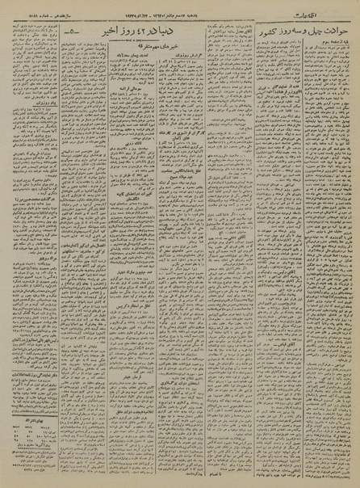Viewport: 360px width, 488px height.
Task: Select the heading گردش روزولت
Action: coord(165,66)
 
